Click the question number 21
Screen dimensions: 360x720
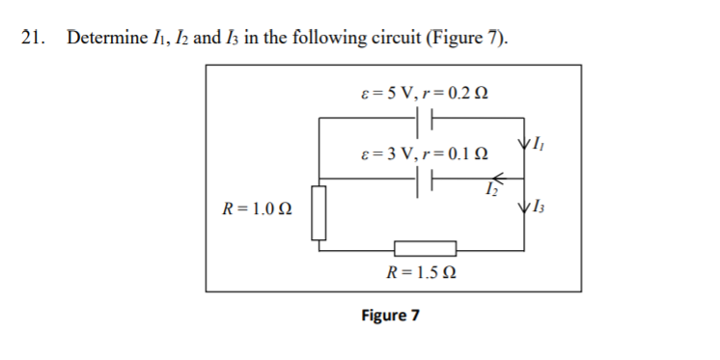32,39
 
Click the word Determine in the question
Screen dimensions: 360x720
104,39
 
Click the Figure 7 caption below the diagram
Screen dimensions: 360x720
390,316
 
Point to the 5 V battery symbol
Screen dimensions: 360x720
426,119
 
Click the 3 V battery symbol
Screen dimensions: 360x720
426,180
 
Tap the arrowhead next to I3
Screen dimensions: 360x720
524,208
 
